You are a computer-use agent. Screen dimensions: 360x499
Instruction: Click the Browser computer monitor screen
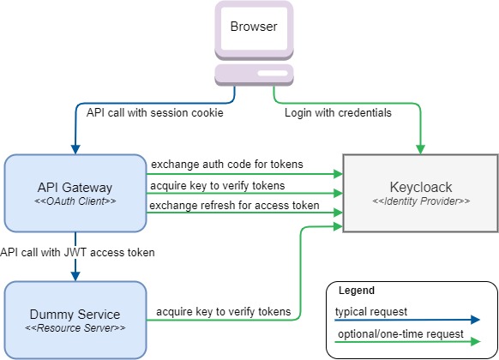click(x=254, y=27)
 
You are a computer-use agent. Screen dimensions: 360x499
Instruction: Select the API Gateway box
click(x=75, y=193)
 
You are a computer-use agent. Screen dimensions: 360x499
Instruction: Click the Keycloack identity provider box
click(x=420, y=193)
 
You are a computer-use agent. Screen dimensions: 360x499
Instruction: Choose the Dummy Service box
click(x=75, y=320)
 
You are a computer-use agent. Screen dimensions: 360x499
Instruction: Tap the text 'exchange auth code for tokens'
click(x=225, y=164)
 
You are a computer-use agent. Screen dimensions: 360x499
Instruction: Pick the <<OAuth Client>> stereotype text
click(x=76, y=202)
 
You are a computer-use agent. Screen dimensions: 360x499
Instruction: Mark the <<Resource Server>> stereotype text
click(x=76, y=329)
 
